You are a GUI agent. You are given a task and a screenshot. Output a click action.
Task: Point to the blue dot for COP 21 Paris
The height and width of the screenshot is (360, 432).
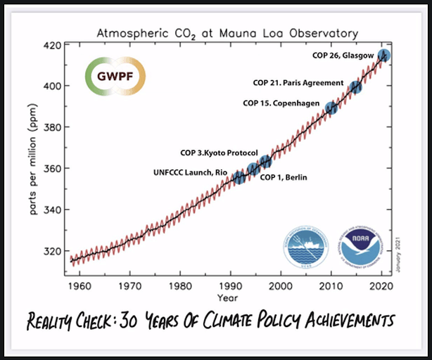pos(356,87)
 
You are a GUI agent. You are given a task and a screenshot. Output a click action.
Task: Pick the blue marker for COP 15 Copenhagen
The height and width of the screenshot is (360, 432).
pos(331,108)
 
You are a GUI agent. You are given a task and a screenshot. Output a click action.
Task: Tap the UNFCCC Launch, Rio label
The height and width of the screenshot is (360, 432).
pos(192,173)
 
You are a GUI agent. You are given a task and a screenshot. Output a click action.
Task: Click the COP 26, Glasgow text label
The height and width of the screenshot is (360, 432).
pos(343,55)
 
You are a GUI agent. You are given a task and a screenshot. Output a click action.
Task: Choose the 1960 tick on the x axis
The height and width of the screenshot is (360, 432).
pos(80,286)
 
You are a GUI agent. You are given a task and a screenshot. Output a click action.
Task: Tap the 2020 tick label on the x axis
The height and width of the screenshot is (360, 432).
pos(381,286)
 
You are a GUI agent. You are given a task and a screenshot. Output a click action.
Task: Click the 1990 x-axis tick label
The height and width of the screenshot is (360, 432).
pos(230,286)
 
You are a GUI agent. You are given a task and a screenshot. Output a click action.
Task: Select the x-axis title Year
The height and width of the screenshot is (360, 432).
pos(230,297)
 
